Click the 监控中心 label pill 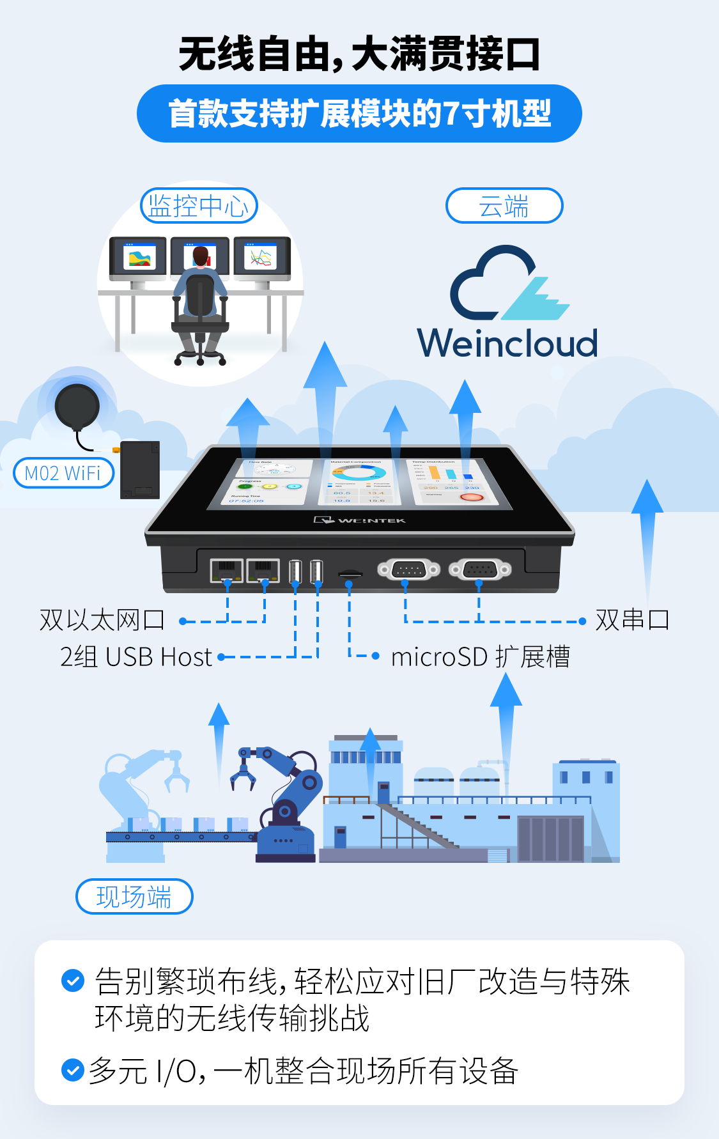(199, 206)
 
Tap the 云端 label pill (504, 206)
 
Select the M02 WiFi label (63, 473)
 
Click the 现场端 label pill (134, 896)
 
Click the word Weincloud (507, 343)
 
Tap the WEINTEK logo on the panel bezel (360, 520)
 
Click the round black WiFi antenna (77, 406)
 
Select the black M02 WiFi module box (140, 470)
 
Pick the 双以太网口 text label (102, 620)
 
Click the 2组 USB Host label (135, 657)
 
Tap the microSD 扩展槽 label (480, 657)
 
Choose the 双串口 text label (632, 620)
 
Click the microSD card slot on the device (350, 574)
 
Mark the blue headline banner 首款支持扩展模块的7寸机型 (359, 114)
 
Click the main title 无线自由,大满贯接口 (359, 54)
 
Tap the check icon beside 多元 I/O (72, 1070)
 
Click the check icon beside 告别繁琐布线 (72, 980)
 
